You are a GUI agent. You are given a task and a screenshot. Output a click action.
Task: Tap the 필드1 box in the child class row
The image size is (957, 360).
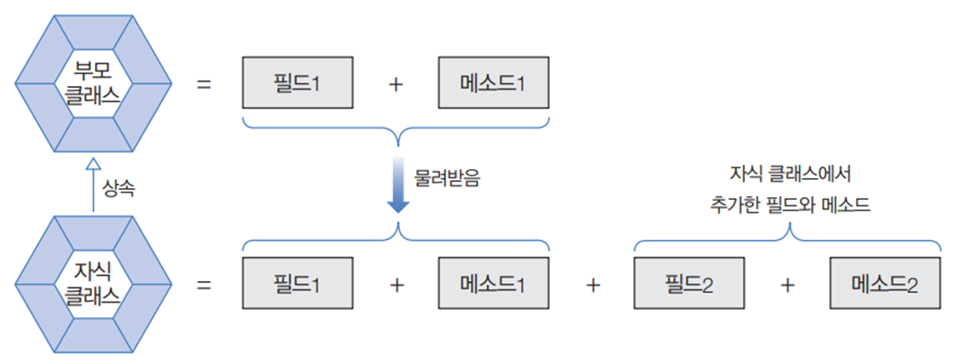[x=298, y=286]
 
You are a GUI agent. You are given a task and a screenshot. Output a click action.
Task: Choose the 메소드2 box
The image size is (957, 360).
[x=884, y=286]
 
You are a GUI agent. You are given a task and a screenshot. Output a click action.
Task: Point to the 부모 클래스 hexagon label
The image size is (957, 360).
[x=93, y=85]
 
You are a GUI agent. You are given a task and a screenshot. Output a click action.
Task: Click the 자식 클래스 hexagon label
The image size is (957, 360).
[x=93, y=284]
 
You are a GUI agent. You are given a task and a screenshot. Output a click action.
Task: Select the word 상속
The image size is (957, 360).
[x=119, y=190]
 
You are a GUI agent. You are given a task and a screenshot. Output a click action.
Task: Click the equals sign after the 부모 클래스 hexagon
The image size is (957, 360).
[x=204, y=86]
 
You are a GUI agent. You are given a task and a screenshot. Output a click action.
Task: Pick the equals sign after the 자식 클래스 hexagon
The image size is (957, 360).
[x=204, y=286]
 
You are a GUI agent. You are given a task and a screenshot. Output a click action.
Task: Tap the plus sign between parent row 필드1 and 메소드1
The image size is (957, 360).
[x=397, y=86]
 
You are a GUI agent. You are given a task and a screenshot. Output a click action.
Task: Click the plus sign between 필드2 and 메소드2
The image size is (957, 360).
[x=787, y=286]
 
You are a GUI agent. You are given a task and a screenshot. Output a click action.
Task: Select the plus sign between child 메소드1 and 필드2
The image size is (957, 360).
[x=592, y=286]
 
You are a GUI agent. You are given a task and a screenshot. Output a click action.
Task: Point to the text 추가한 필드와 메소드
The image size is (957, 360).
[x=789, y=203]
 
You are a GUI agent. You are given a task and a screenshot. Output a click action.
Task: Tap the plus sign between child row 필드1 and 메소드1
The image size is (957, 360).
[x=397, y=286]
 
